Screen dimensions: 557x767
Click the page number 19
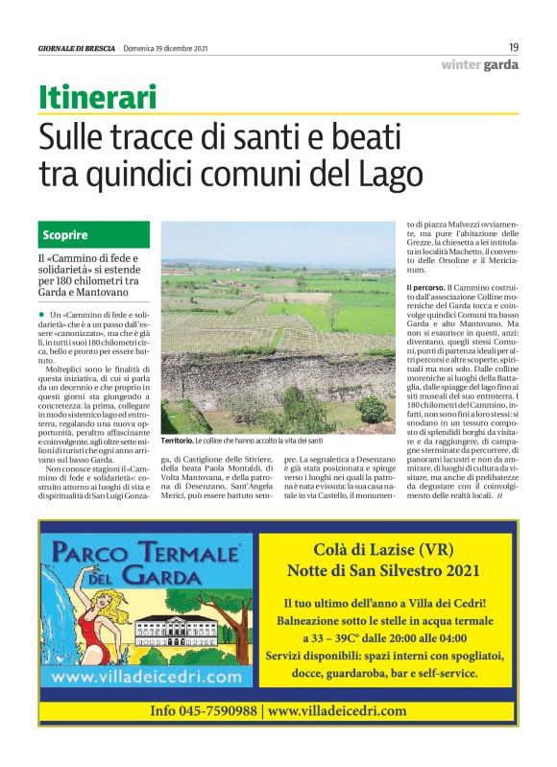(x=514, y=47)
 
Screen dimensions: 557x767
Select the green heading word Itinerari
(x=97, y=97)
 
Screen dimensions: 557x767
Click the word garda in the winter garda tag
(x=501, y=65)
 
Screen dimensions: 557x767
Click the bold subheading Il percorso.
(x=422, y=288)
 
